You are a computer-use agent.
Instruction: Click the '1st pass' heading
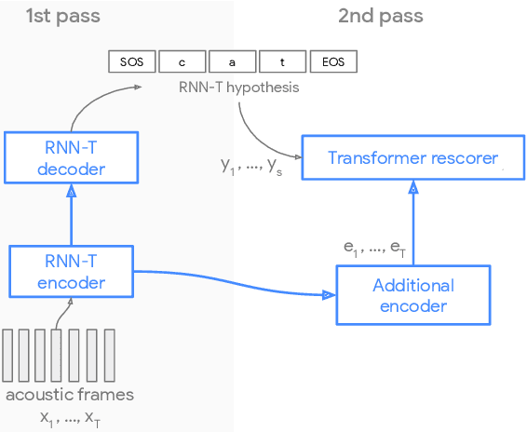[62, 16]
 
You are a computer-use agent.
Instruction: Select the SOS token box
[131, 61]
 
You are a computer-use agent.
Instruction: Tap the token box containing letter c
[182, 61]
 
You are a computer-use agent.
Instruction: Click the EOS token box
[332, 61]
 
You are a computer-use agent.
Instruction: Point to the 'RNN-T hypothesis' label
[239, 88]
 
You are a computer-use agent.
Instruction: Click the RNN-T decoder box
[71, 156]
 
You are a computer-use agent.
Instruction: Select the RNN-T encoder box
[71, 270]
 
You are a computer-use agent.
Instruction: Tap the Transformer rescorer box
[412, 157]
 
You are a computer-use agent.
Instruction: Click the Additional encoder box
[412, 295]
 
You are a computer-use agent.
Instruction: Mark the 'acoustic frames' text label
[70, 394]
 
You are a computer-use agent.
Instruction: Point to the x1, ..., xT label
[70, 418]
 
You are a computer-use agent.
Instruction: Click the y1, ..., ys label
[250, 166]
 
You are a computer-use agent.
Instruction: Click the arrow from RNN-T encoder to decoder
[71, 214]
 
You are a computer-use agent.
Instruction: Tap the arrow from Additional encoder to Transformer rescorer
[412, 223]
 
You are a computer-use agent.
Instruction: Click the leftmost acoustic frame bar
[7, 355]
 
